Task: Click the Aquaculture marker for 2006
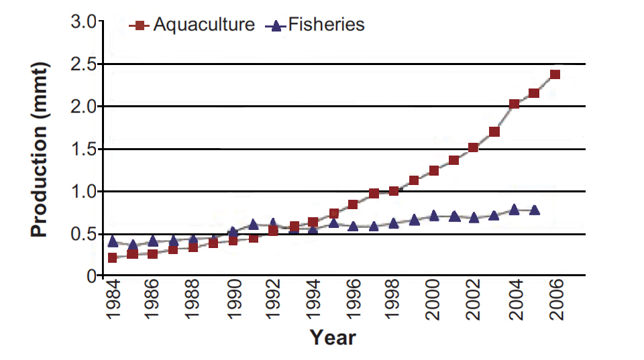555,74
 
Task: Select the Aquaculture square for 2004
514,104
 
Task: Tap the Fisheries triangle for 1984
113,241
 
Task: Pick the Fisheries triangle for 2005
535,210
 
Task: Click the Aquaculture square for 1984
113,258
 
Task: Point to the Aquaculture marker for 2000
434,171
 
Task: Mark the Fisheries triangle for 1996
353,226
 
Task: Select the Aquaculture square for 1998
394,191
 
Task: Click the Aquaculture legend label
204,25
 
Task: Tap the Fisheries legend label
326,25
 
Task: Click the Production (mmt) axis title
40,149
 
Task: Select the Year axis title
333,338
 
